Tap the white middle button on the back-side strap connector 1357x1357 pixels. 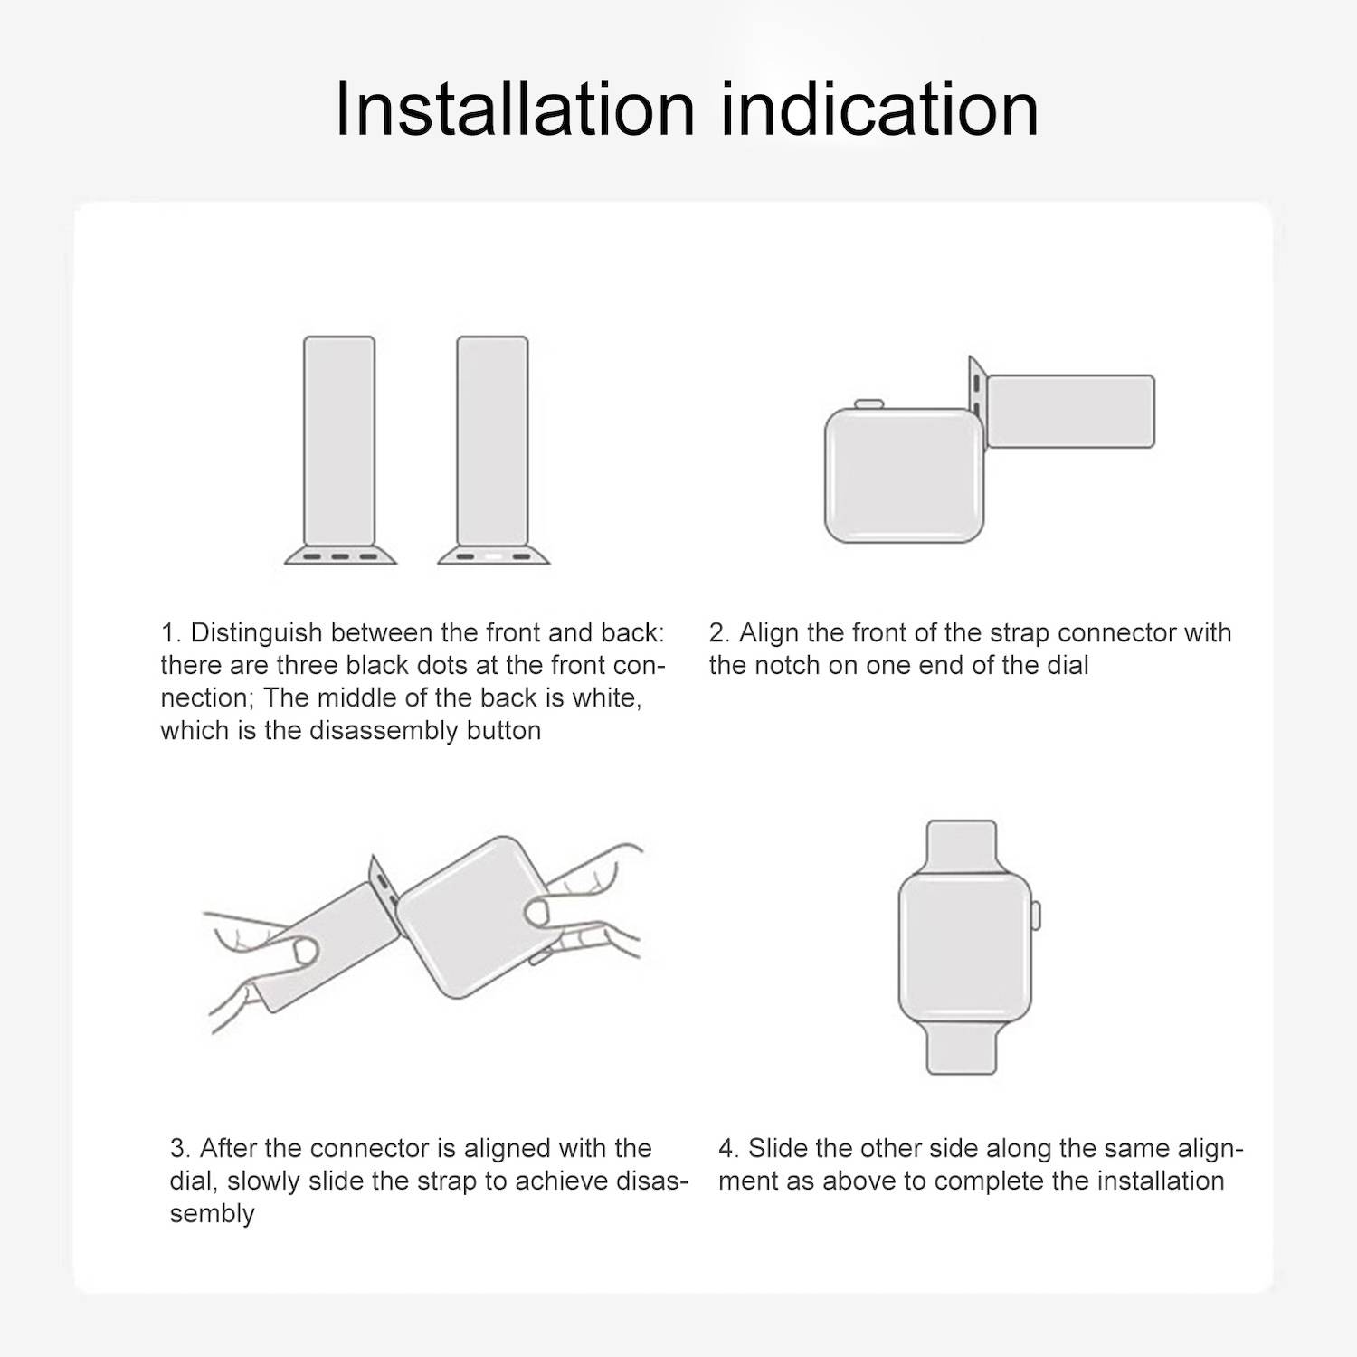(493, 556)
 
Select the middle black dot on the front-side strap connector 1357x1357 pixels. (340, 556)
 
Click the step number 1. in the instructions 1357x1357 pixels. (171, 632)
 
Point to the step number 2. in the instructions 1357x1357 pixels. (719, 632)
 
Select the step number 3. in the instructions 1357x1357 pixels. (180, 1148)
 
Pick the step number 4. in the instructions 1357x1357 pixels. (728, 1148)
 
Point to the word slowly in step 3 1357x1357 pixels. (262, 1181)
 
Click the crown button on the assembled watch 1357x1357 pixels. (1036, 915)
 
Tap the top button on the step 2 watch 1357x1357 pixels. (869, 403)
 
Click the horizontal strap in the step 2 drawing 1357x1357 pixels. (1070, 412)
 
